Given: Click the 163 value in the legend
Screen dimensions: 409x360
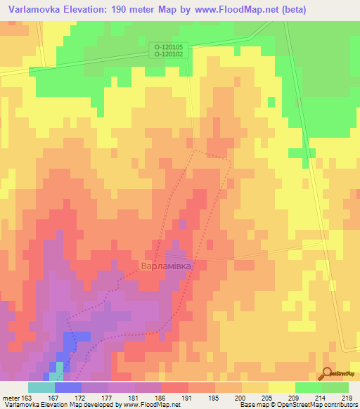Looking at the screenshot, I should pos(28,397).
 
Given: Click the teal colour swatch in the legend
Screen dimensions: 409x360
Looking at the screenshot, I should pos(41,387).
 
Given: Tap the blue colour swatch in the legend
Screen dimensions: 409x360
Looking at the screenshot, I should pos(68,387).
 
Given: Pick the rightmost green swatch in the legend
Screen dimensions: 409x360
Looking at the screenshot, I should pos(335,387).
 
